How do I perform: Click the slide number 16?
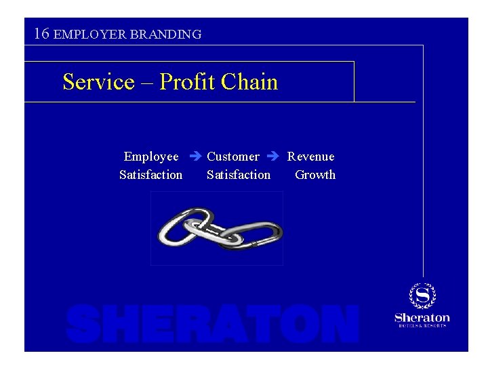pyautogui.click(x=41, y=33)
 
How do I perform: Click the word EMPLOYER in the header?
pyautogui.click(x=86, y=34)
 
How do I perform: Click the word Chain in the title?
pyautogui.click(x=250, y=82)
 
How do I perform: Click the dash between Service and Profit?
pyautogui.click(x=147, y=83)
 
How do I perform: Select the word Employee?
pyautogui.click(x=151, y=157)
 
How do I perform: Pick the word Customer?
pyautogui.click(x=232, y=157)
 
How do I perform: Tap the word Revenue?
pyautogui.click(x=310, y=157)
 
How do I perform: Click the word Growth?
pyautogui.click(x=315, y=175)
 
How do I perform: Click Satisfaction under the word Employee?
pyautogui.click(x=150, y=175)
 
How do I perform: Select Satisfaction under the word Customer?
pyautogui.click(x=239, y=175)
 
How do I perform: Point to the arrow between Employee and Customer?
pyautogui.click(x=193, y=157)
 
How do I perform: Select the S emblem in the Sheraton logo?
pyautogui.click(x=422, y=296)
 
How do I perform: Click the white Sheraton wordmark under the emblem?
pyautogui.click(x=422, y=317)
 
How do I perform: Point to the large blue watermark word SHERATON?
pyautogui.click(x=213, y=324)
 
